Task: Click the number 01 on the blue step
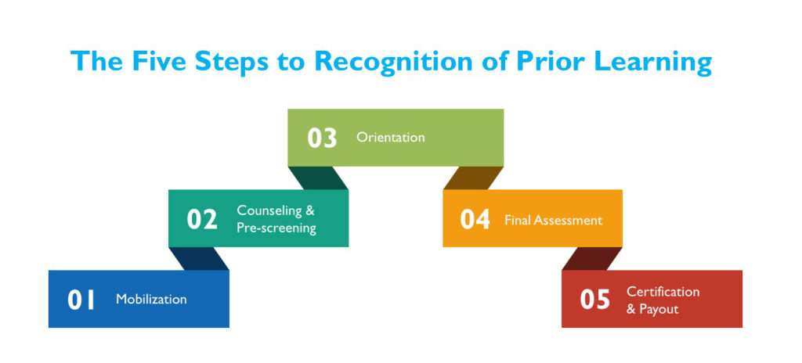click(81, 300)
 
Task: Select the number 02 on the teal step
click(202, 219)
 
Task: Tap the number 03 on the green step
click(322, 138)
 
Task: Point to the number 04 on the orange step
click(475, 219)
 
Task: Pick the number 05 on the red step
click(595, 300)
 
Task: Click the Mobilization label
click(151, 299)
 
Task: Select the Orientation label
click(391, 138)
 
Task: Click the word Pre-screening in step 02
click(276, 228)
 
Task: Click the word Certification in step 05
click(663, 292)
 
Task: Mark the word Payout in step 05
click(659, 309)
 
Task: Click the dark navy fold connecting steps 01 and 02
click(198, 259)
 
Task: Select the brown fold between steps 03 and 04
click(474, 178)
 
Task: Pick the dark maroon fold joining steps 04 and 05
click(592, 259)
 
